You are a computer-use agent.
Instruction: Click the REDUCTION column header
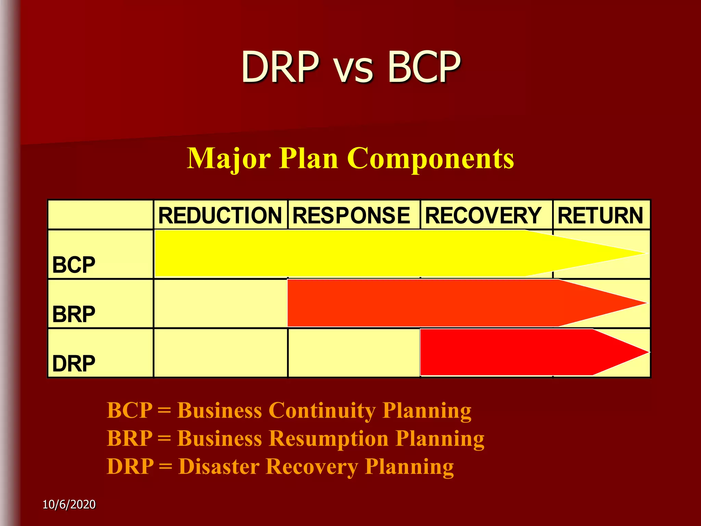coord(220,215)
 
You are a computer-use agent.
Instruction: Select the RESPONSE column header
coord(351,215)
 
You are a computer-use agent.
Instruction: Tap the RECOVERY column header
coord(483,215)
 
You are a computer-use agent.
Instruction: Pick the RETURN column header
coord(600,215)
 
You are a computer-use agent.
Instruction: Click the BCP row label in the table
coord(74,265)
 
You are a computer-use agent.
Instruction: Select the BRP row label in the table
coord(74,314)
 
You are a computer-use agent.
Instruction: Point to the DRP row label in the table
coord(74,363)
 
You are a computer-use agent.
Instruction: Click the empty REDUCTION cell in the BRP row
coord(220,303)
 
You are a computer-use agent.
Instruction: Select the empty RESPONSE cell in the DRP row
coord(354,353)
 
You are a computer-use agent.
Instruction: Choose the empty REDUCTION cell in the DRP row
coord(220,353)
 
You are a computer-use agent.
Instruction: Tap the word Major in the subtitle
coord(229,159)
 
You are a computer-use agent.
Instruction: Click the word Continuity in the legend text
coord(322,410)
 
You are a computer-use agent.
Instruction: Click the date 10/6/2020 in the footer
coord(69,504)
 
